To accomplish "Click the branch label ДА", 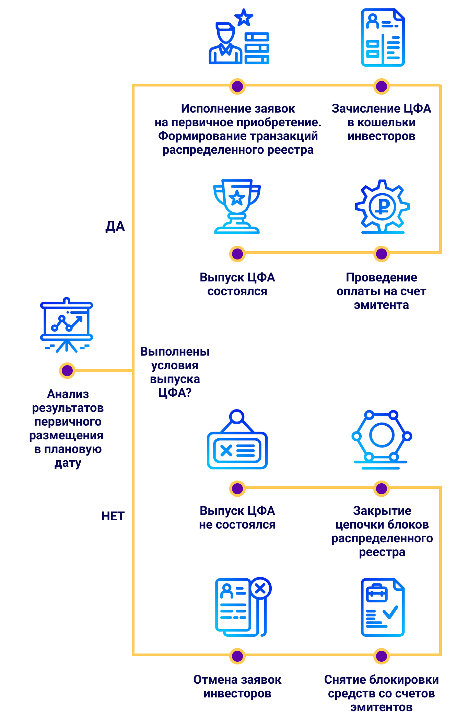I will (115, 226).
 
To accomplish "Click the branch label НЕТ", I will (113, 516).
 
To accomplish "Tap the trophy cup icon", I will (237, 206).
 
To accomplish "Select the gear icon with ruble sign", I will (382, 206).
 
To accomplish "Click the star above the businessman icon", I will (244, 18).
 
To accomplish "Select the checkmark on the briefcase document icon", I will (390, 612).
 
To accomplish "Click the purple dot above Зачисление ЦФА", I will (382, 86).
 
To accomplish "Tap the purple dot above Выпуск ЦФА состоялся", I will (237, 254).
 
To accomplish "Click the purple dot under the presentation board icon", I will (67, 371).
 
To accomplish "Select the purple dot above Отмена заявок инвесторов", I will (237, 656).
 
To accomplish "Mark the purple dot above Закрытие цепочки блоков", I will (382, 489).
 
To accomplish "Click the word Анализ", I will (68, 394).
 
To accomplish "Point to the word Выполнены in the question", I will (175, 351).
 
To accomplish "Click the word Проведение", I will (382, 277).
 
